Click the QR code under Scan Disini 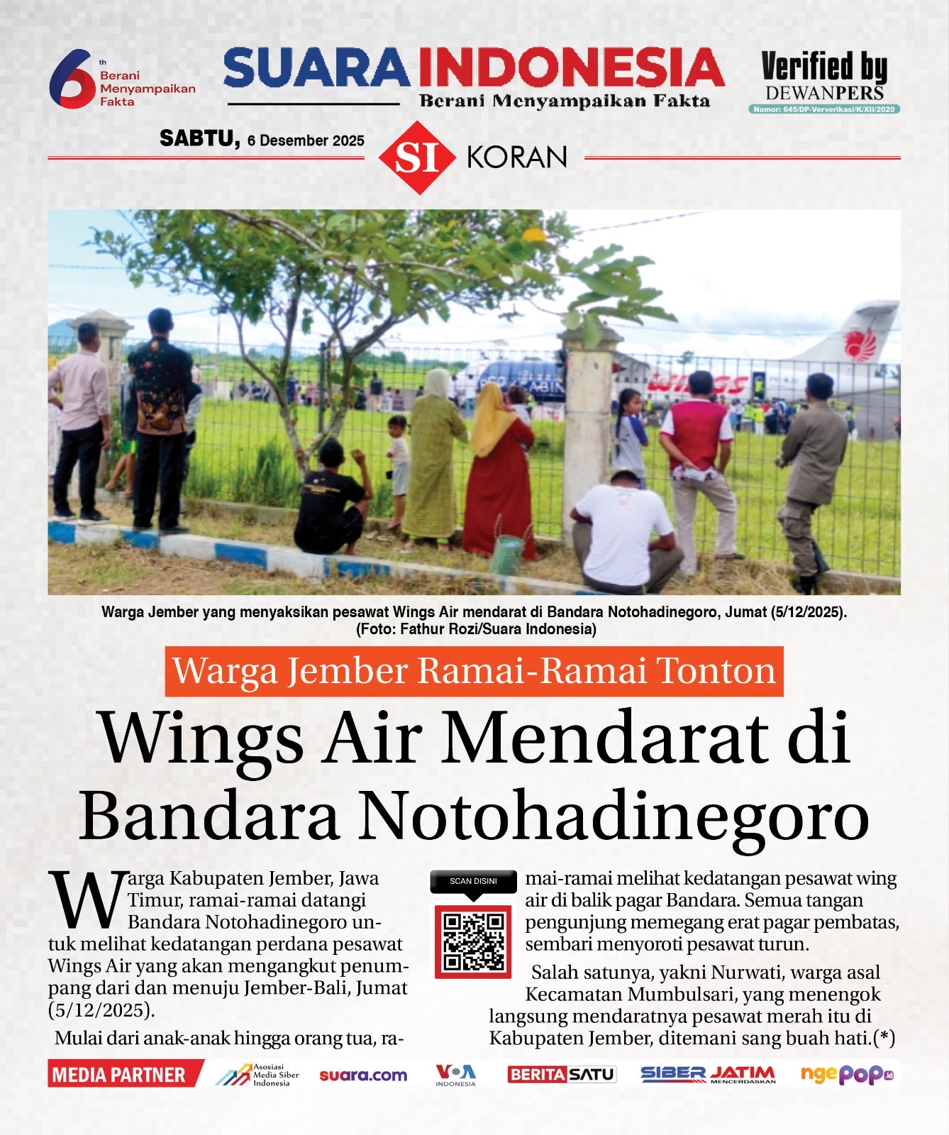(473, 941)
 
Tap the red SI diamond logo (416, 157)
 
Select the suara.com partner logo (363, 1075)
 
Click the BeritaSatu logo (562, 1075)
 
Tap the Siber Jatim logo (708, 1075)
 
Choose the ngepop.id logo (847, 1075)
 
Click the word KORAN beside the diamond (517, 157)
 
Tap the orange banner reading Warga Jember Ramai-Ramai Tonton (474, 671)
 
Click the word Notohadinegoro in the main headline (614, 816)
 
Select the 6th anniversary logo (72, 78)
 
